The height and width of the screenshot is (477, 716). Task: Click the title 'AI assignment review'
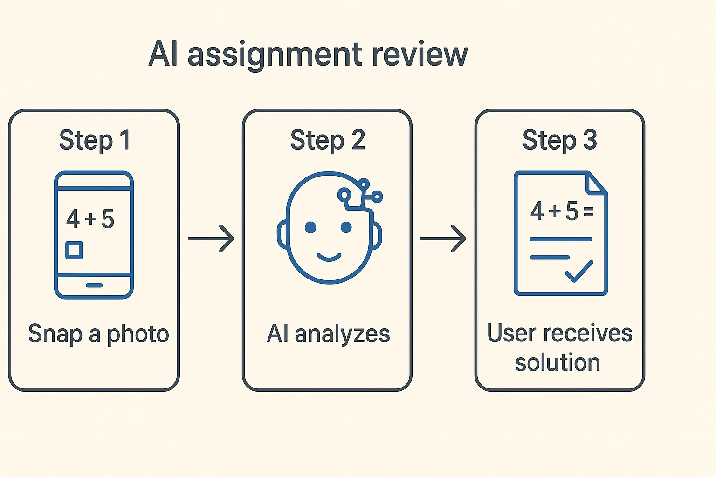(x=308, y=55)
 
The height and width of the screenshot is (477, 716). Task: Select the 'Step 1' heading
(x=95, y=140)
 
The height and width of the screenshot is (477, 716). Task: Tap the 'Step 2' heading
(x=327, y=140)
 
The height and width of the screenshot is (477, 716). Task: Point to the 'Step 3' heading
(x=559, y=140)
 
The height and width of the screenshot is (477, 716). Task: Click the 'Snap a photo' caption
(x=98, y=334)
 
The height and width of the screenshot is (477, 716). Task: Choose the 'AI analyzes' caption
(x=328, y=334)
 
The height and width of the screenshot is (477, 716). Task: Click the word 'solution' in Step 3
(x=558, y=362)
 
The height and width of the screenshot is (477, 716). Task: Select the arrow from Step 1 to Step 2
(x=211, y=238)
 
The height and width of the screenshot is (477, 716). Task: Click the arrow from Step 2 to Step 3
(x=442, y=238)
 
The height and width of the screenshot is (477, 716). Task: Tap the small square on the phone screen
(x=74, y=250)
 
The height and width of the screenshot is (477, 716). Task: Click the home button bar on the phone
(x=94, y=285)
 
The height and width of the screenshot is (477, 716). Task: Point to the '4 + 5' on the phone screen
(x=90, y=219)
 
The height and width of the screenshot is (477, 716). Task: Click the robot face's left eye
(x=310, y=227)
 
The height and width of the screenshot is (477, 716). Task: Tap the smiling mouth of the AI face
(x=329, y=257)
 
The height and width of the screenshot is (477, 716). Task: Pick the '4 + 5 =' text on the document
(x=562, y=211)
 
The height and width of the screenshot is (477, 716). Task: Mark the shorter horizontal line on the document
(x=550, y=257)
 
